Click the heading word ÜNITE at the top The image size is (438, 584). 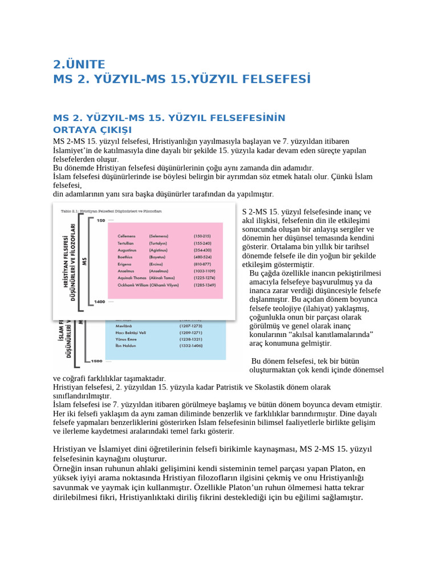(x=83, y=64)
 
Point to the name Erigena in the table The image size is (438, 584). (x=125, y=264)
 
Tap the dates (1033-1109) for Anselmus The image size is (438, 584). (x=205, y=271)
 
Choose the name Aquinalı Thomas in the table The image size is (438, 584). (x=132, y=278)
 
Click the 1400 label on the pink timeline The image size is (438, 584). (x=99, y=301)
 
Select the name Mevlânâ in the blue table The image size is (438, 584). (x=117, y=325)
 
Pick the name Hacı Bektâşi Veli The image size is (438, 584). (x=125, y=332)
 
